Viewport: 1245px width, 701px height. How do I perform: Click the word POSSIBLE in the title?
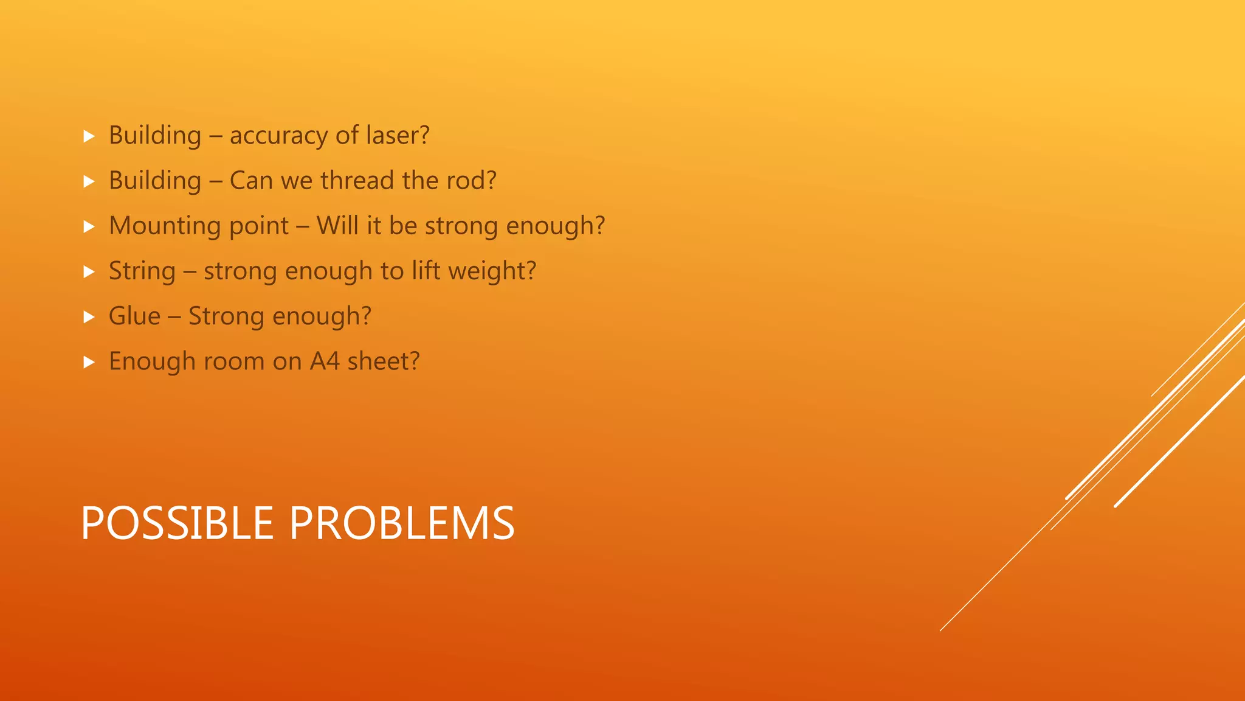click(177, 523)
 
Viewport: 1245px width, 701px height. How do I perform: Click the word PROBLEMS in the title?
click(402, 523)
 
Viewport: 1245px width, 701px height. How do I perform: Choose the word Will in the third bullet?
click(337, 225)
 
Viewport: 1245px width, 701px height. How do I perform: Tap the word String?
click(142, 271)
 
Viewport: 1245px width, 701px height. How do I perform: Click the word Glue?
click(134, 316)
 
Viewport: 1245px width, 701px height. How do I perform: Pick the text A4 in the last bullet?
click(325, 361)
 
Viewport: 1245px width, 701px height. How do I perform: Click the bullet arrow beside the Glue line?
click(89, 317)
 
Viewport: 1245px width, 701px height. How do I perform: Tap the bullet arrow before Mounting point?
click(89, 226)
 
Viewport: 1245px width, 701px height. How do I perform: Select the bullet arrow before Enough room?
click(89, 362)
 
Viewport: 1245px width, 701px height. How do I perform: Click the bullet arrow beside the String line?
click(89, 271)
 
